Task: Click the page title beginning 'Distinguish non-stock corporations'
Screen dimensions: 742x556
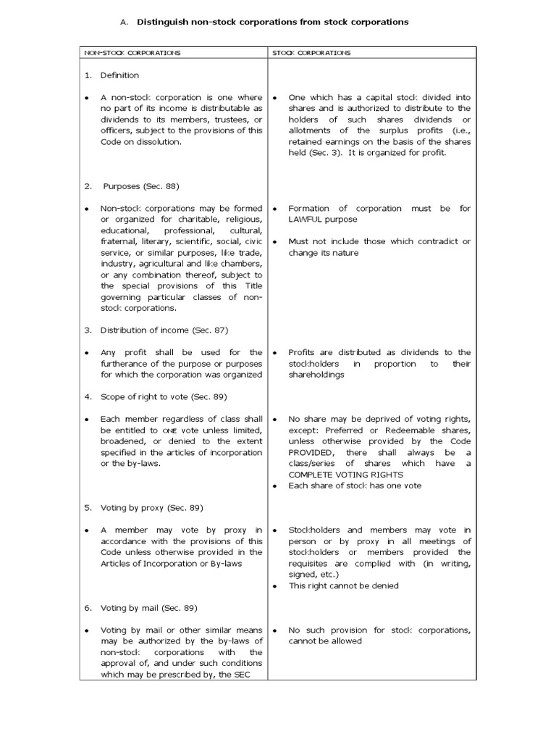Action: (x=273, y=22)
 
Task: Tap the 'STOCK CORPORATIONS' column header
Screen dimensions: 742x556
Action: (x=311, y=53)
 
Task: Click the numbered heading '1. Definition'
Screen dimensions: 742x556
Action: (x=111, y=75)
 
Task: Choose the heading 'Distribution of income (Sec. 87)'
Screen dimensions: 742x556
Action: (x=156, y=330)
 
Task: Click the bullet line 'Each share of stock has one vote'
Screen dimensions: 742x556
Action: (x=355, y=485)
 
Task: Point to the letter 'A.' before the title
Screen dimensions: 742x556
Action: (x=124, y=22)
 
